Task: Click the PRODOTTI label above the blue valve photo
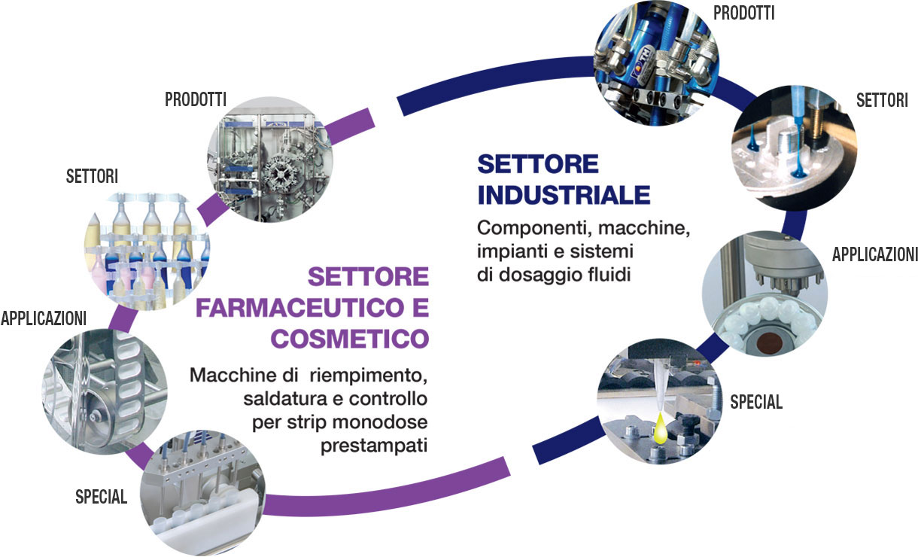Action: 744,13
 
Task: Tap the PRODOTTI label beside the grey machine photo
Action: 196,99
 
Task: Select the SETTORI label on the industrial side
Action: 882,100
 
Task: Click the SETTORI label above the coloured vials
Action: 93,176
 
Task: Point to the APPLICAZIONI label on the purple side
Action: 44,318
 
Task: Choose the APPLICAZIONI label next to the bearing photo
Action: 874,254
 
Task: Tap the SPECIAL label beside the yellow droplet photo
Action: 756,402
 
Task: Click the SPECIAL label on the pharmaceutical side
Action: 102,497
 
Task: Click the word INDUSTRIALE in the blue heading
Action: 564,195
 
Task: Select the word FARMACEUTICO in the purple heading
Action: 300,308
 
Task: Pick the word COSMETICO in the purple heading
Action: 350,339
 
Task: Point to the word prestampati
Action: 374,446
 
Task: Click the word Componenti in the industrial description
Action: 535,228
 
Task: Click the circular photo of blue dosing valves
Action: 657,62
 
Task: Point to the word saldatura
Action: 287,399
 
